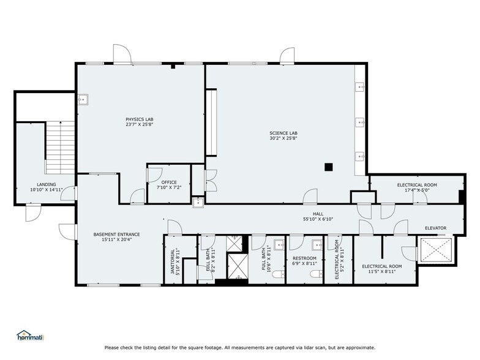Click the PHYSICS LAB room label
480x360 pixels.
pyautogui.click(x=139, y=119)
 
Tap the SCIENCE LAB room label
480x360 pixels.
pyautogui.click(x=282, y=133)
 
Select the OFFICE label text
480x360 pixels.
pyautogui.click(x=169, y=182)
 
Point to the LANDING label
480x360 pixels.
pyautogui.click(x=46, y=184)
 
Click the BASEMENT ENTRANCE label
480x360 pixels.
pyautogui.click(x=116, y=234)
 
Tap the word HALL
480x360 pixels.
pyautogui.click(x=318, y=214)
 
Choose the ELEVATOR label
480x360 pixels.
pyautogui.click(x=436, y=228)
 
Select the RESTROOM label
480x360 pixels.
pyautogui.click(x=304, y=258)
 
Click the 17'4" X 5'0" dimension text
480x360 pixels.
pyautogui.click(x=416, y=190)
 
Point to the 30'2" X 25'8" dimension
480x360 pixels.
pyautogui.click(x=282, y=138)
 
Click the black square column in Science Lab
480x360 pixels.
pyautogui.click(x=329, y=166)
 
